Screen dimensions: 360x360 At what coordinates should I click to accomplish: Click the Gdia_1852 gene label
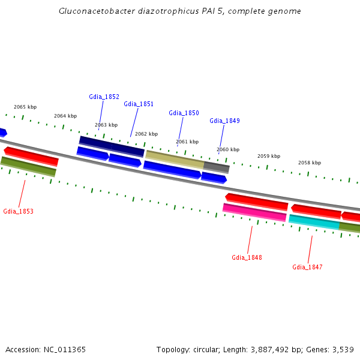pos(104,97)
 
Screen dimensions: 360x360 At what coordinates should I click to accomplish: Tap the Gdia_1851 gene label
pos(139,104)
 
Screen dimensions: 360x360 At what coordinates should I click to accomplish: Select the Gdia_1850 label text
pos(184,113)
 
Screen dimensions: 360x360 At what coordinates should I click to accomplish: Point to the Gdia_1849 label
pos(224,121)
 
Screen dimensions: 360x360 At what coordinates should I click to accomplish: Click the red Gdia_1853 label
pos(18,211)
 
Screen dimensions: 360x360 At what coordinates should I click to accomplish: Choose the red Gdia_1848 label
pos(247,257)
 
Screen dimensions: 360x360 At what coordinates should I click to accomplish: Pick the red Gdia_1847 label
pos(307,267)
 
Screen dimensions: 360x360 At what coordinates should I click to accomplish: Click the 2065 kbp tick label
pos(25,107)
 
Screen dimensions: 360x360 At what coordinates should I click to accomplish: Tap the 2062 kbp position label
pos(146,134)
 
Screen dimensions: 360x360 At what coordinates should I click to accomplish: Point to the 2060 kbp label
pos(228,149)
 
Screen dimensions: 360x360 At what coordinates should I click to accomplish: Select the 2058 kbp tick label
pos(310,163)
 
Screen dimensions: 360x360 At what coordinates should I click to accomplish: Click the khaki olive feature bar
pos(175,159)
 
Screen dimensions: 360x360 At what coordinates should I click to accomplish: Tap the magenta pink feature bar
pos(254,212)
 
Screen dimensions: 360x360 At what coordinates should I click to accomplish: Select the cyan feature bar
pos(314,221)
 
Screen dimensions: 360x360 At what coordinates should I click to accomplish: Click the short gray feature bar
pos(216,167)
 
